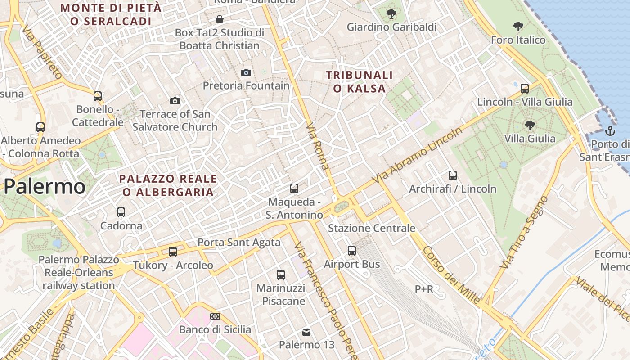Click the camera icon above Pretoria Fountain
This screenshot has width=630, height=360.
tap(246, 72)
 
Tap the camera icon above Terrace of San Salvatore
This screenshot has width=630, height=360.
tap(175, 101)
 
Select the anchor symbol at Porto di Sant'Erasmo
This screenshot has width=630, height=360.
tap(610, 131)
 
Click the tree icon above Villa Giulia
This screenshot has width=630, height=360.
tap(530, 125)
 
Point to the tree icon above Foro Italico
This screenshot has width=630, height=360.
tap(518, 27)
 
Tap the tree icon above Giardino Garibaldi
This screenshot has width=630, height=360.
tap(391, 14)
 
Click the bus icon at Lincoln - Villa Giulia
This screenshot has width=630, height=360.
tap(524, 88)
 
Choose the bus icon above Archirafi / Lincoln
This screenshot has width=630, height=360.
tap(452, 175)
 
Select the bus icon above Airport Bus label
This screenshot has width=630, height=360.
tap(351, 251)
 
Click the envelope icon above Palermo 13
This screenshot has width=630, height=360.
tap(306, 332)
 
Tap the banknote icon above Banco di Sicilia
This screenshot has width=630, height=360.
tap(215, 316)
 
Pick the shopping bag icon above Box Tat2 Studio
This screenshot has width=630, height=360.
tap(219, 19)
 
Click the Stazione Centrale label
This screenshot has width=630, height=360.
tap(371, 228)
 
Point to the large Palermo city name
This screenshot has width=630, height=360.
tap(45, 186)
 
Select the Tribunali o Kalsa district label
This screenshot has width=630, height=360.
tap(360, 82)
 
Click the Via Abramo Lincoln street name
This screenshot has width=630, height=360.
tap(419, 156)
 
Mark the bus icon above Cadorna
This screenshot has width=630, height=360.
tap(121, 212)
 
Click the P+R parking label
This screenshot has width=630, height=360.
tap(424, 289)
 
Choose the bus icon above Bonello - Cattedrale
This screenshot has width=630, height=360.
tap(97, 96)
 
